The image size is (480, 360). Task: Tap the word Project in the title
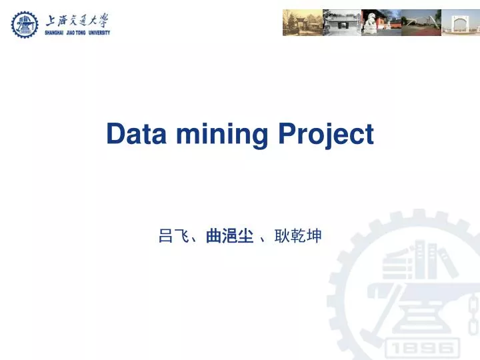click(x=325, y=135)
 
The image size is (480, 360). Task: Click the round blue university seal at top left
click(x=25, y=24)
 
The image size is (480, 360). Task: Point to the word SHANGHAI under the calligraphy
click(x=56, y=33)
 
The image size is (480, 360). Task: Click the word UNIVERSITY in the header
click(x=97, y=33)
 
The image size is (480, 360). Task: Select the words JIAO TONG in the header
click(x=75, y=33)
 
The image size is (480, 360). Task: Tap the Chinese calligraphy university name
click(x=77, y=19)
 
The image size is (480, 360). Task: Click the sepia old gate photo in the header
click(x=302, y=23)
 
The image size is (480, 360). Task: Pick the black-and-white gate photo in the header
click(x=341, y=23)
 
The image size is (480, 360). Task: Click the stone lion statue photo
click(x=381, y=23)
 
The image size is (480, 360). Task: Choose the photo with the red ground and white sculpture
click(x=421, y=23)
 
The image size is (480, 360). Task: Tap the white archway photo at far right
click(x=460, y=23)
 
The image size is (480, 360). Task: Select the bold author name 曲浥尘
click(x=229, y=236)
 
